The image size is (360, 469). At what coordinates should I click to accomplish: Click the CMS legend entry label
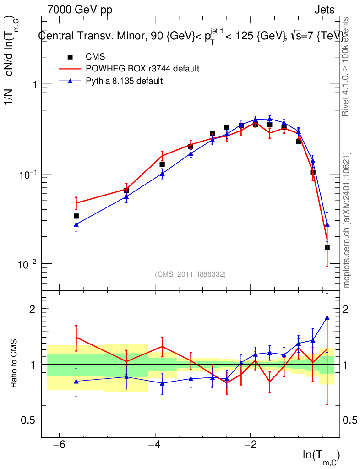95,56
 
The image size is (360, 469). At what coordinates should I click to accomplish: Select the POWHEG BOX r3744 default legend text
142,69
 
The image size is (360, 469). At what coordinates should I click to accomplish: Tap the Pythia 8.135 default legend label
124,81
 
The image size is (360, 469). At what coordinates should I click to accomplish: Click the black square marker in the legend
70,57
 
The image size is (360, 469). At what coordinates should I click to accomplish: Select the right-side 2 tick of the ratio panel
346,309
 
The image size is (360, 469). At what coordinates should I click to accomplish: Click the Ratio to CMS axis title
14,363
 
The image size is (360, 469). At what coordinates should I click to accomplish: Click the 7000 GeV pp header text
80,10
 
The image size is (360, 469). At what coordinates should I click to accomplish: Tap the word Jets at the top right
324,10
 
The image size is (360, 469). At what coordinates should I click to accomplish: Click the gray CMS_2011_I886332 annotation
190,274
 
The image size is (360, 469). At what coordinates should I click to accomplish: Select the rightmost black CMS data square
327,247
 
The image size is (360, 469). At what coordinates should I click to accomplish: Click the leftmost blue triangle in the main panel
76,224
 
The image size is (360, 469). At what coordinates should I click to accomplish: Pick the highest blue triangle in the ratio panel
327,318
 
